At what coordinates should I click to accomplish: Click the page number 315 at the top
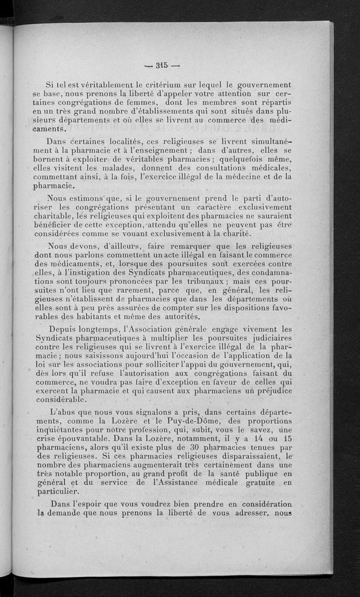[162, 65]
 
